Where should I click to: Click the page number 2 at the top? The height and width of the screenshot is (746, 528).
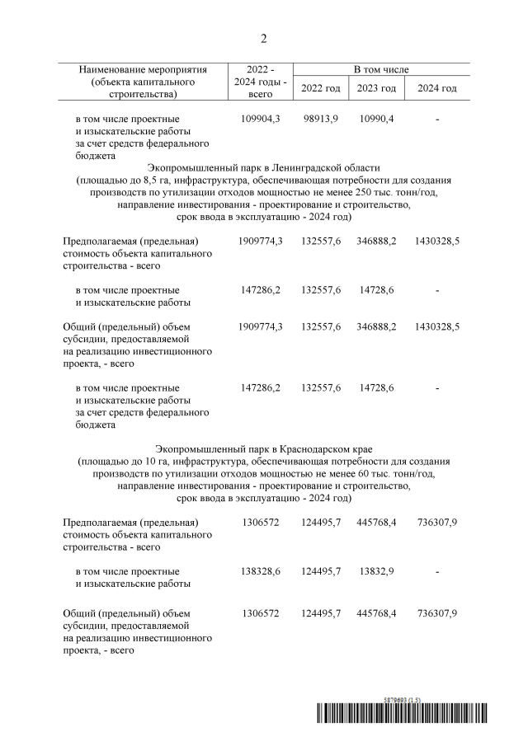pos(264,38)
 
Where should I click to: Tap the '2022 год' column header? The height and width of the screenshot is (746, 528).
pos(320,88)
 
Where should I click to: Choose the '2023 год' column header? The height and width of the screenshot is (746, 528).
pos(378,88)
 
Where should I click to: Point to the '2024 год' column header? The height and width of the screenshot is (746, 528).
pos(437,88)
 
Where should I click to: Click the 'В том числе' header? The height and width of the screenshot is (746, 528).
pos(381,70)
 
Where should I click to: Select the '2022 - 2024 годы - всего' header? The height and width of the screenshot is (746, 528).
pos(261,82)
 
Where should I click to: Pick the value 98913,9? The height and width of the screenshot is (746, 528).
pos(320,120)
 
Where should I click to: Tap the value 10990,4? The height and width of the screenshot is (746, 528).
pos(378,120)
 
